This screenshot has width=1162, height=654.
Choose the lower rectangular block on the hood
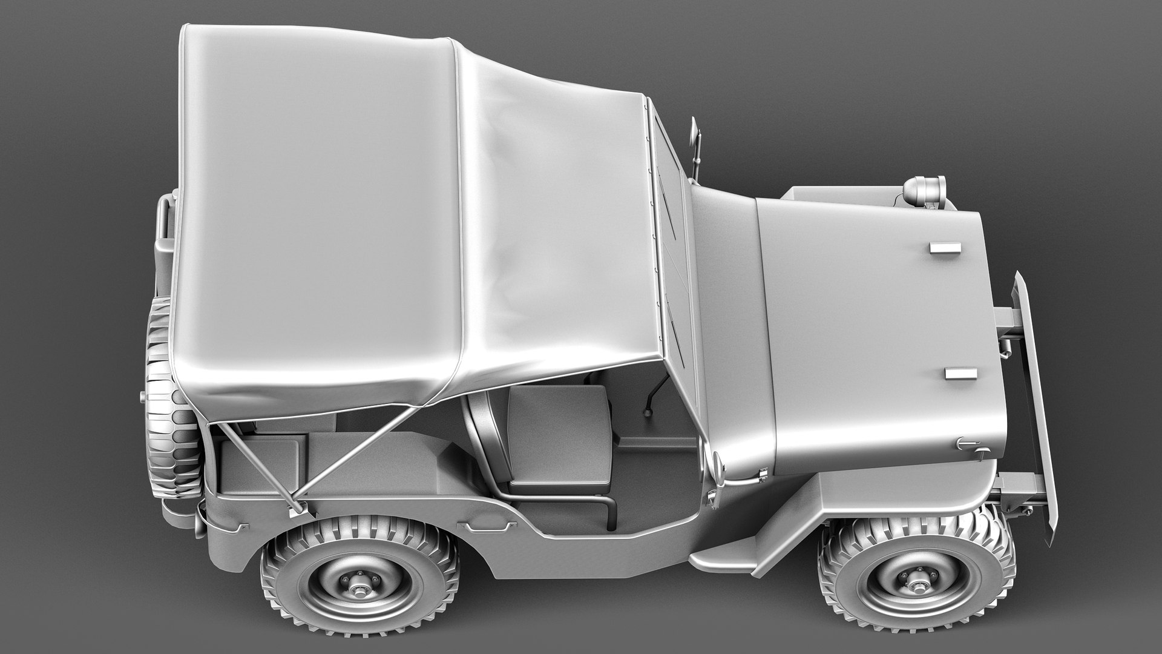coord(958,374)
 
